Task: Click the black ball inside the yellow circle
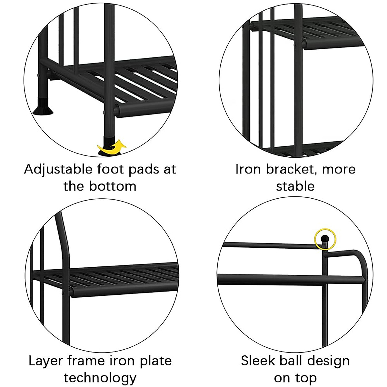(325, 239)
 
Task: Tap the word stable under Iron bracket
(295, 186)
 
